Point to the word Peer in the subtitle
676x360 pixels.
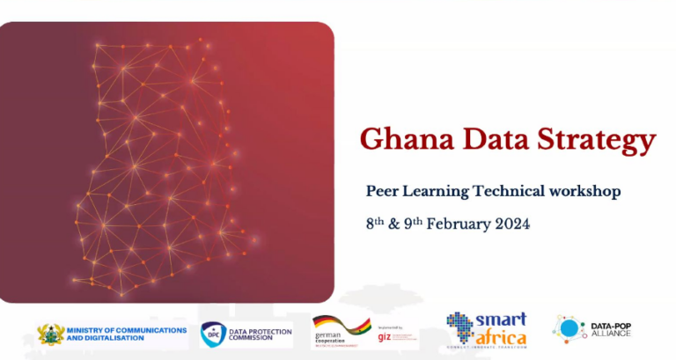pos(384,191)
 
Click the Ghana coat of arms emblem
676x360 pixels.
pos(50,334)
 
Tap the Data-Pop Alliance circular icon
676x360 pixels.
pos(569,329)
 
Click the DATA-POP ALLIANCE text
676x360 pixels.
pos(610,329)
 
